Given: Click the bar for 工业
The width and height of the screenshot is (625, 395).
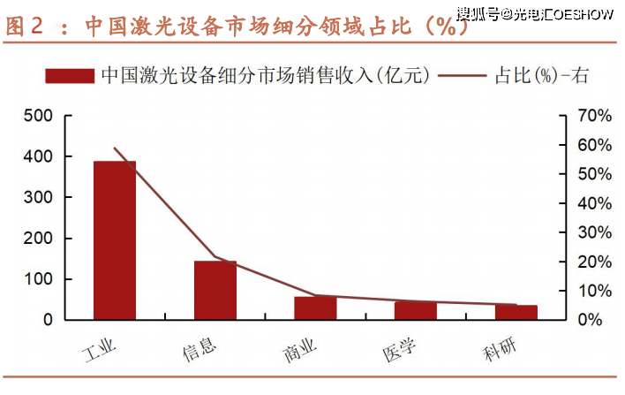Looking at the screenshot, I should click(115, 240).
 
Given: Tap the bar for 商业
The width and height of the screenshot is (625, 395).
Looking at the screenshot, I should click(315, 308).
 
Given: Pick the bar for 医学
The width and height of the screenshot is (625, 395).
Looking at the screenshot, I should click(415, 310).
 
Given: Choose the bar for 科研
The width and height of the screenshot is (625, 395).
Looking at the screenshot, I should click(516, 312).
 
